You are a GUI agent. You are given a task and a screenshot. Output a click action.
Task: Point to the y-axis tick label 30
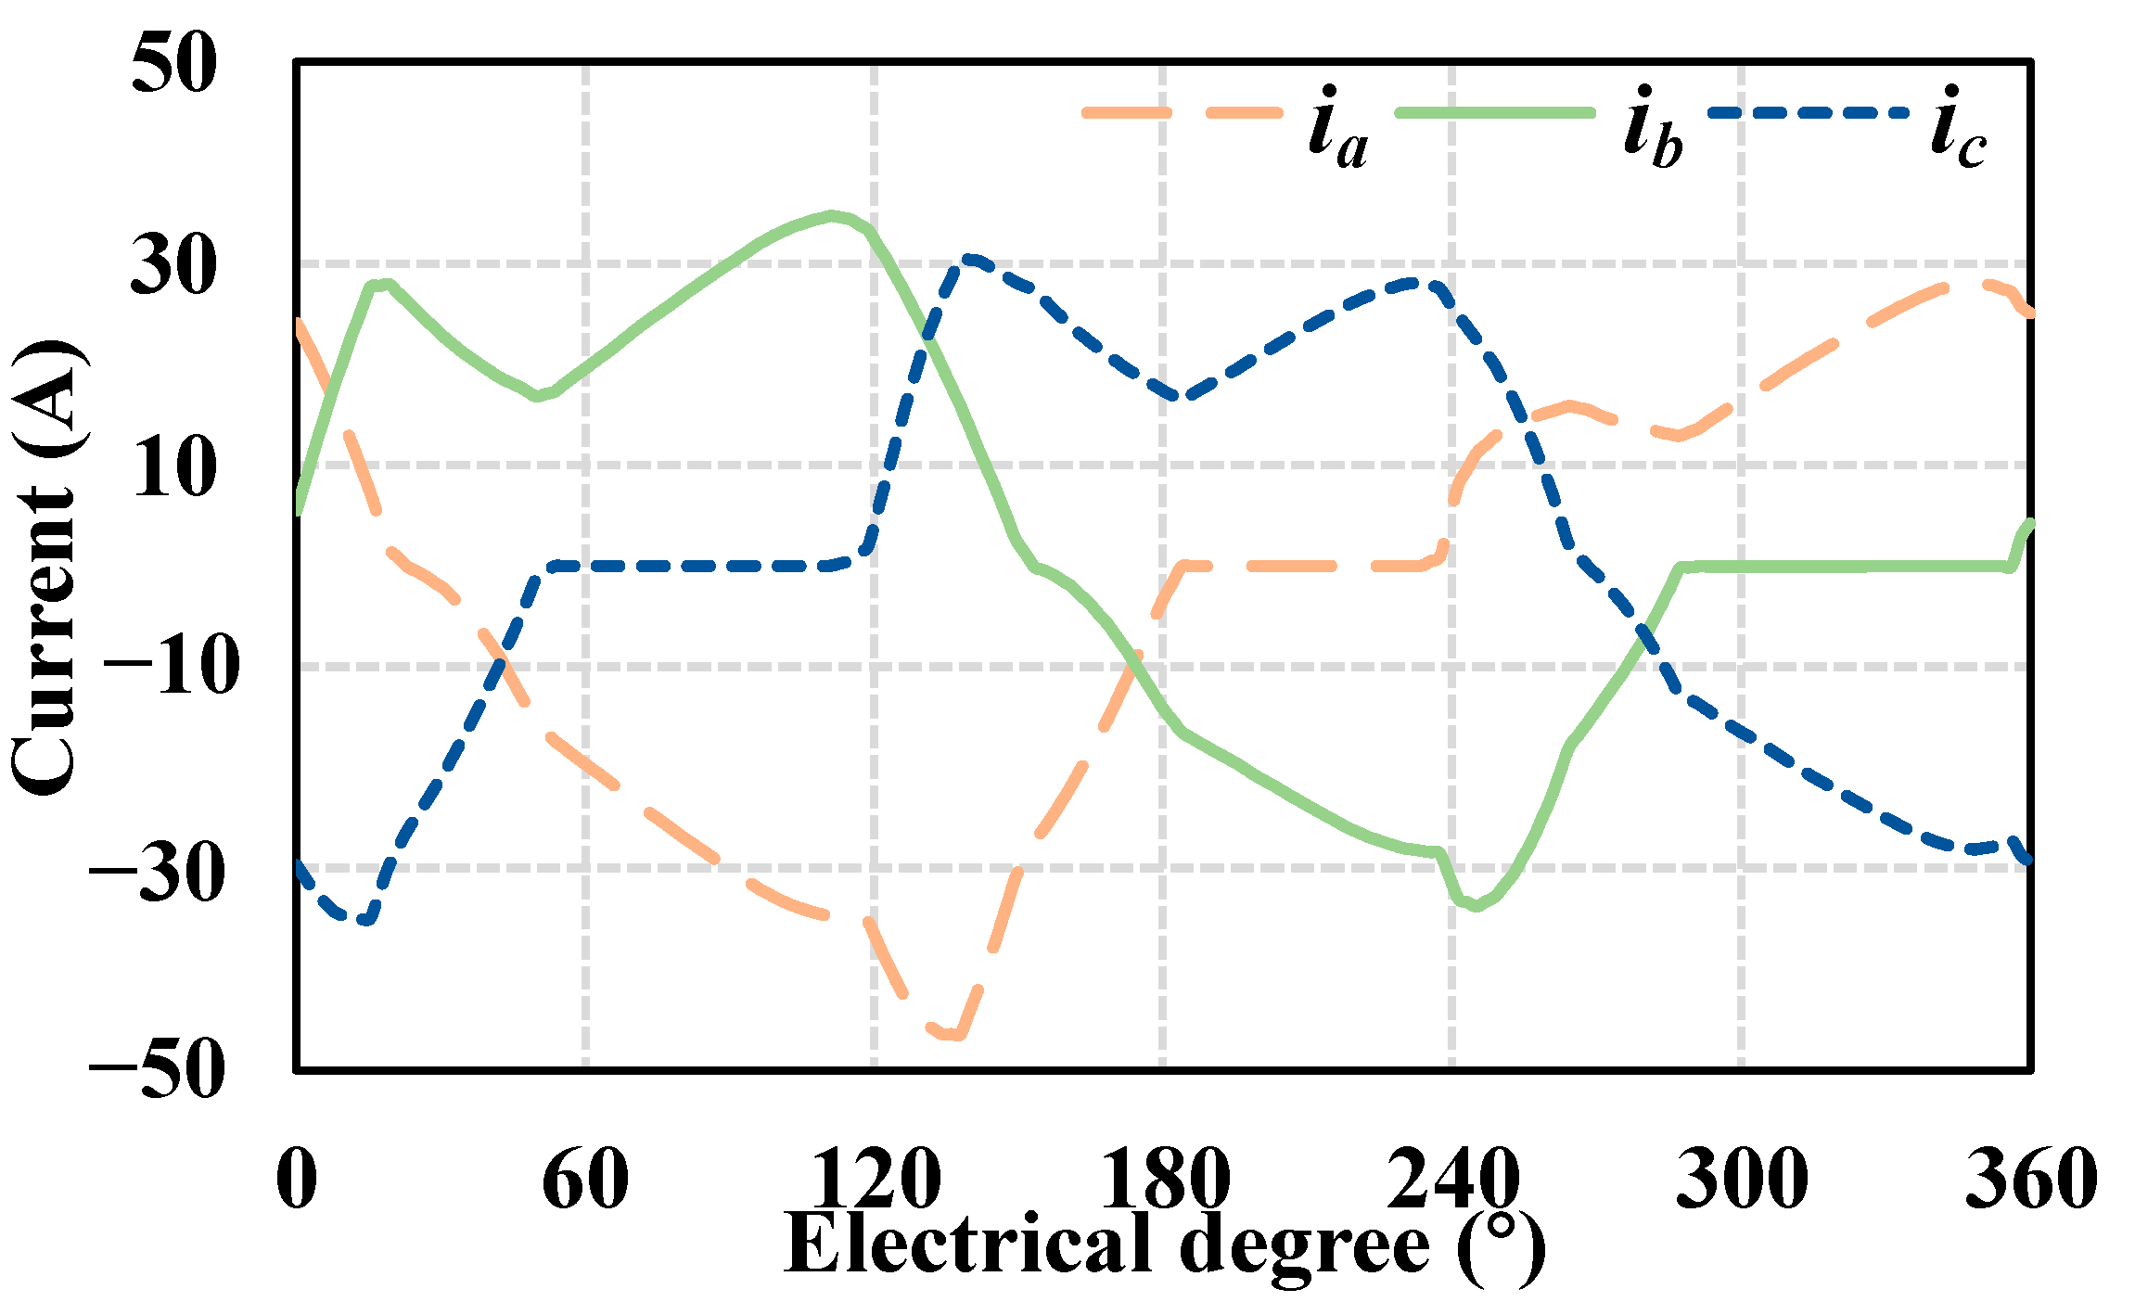(x=173, y=265)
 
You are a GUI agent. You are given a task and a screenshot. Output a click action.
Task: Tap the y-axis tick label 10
(x=173, y=466)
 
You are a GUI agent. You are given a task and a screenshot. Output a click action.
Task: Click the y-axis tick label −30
(x=158, y=869)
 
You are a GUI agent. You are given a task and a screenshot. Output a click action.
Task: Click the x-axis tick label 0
(x=297, y=1178)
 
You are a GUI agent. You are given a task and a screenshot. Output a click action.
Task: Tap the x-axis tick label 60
(x=585, y=1178)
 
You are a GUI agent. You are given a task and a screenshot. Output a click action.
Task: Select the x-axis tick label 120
(x=875, y=1178)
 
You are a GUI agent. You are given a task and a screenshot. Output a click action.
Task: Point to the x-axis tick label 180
(x=1164, y=1178)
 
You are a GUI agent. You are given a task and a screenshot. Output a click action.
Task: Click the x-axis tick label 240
(x=1452, y=1178)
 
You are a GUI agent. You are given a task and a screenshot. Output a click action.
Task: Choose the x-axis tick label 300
(x=1742, y=1178)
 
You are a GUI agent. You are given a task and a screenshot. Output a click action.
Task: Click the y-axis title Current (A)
(x=46, y=568)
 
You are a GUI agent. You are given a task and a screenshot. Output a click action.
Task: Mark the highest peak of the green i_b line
(x=833, y=215)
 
